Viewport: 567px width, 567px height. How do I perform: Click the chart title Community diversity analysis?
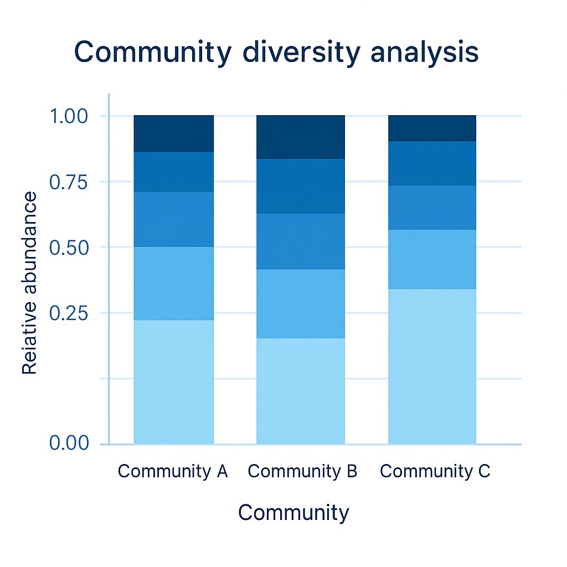(276, 53)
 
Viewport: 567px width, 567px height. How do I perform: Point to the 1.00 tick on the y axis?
(69, 117)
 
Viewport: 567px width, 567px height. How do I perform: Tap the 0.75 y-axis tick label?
(69, 182)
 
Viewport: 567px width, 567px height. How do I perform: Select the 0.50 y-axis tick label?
(69, 248)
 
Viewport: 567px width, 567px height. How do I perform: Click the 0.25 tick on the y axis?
(69, 313)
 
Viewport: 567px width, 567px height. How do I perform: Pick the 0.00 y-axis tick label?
(69, 444)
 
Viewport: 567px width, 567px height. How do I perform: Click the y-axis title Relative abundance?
(30, 283)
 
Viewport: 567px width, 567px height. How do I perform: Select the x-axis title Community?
(293, 513)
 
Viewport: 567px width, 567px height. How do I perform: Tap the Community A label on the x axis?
(173, 471)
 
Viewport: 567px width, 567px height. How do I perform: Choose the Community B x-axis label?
(303, 471)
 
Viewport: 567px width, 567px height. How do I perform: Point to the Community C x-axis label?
(435, 471)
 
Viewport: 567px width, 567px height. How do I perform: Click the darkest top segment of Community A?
(174, 133)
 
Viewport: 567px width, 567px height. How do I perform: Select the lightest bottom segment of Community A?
(174, 382)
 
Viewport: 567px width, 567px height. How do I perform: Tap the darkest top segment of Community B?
(301, 137)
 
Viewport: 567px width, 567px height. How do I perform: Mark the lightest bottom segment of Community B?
(301, 390)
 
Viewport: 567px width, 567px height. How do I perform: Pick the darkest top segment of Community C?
(432, 128)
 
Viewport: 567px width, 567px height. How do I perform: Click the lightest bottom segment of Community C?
(432, 366)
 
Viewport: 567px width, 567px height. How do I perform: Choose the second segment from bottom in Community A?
(174, 283)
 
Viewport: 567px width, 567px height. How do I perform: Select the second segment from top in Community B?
(301, 186)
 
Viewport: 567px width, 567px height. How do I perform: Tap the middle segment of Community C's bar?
(432, 207)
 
